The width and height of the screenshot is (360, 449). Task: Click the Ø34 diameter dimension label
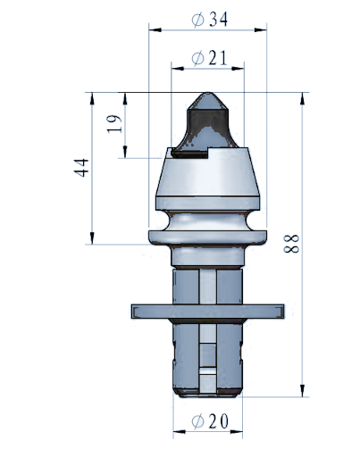click(210, 20)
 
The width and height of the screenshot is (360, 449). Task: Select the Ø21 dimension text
click(209, 58)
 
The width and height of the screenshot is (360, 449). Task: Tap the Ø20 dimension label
click(210, 420)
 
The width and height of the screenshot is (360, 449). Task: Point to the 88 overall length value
click(291, 244)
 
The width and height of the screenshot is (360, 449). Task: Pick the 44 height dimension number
click(81, 168)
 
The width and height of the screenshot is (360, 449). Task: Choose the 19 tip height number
click(114, 124)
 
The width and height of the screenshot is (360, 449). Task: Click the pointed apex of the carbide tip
click(208, 93)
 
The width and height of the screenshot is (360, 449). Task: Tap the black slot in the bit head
click(189, 154)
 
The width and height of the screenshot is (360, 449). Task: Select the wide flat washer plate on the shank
click(208, 312)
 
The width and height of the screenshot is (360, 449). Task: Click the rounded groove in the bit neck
click(208, 220)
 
